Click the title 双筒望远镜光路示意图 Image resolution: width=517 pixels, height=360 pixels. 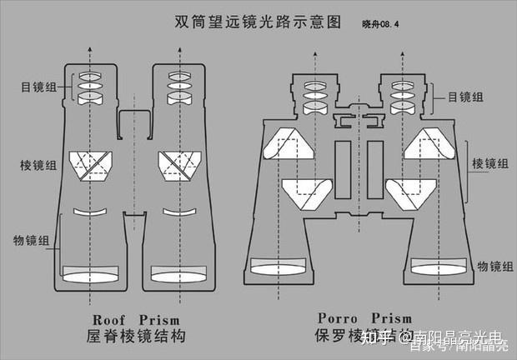[258, 20]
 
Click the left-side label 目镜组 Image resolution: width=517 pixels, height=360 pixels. [39, 86]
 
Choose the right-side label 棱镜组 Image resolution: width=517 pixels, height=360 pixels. [489, 163]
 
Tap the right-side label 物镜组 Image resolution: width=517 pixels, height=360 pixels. [494, 266]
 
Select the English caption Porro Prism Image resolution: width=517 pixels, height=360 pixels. [364, 317]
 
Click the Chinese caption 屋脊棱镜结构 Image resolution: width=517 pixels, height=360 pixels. [134, 337]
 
